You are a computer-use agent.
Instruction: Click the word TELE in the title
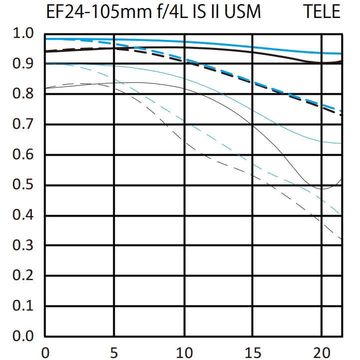click(322, 11)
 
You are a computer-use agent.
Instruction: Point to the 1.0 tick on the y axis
click(23, 34)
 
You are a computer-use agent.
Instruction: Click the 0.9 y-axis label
click(23, 64)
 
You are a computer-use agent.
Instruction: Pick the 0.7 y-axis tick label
click(23, 124)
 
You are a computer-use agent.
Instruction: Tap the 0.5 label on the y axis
click(23, 185)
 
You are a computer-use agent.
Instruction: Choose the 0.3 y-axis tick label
click(23, 246)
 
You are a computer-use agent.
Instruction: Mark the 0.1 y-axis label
click(23, 306)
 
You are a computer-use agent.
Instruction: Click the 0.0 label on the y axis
click(23, 336)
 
